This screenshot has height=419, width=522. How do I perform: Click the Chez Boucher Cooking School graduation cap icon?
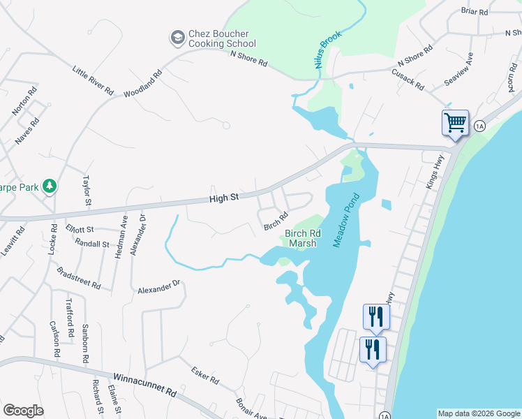pos(178,36)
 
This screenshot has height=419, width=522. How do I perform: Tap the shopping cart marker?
pos(454,123)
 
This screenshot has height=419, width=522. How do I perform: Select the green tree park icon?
pos(49,186)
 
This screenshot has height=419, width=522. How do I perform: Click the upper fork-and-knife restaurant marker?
pos(375,316)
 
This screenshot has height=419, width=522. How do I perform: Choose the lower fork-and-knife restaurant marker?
pos(372,348)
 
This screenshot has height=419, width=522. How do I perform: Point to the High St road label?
pos(225,198)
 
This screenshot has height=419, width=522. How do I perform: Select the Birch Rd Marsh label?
pos(303,239)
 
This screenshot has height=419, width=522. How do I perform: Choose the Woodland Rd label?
pos(143,83)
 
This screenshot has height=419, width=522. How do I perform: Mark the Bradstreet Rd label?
pos(78,278)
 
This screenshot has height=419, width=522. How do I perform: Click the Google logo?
pos(24,411)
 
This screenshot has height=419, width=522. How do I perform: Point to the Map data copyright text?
pos(478,413)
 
